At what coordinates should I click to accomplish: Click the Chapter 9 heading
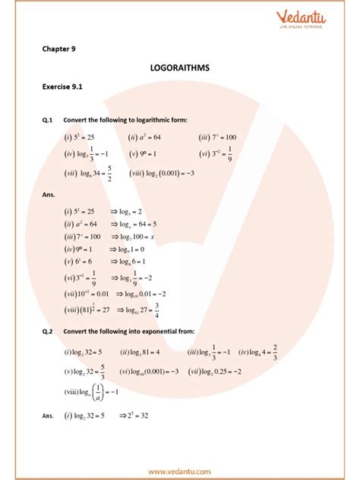click(58, 49)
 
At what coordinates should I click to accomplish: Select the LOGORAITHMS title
click(180, 68)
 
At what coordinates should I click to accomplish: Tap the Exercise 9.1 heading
click(62, 87)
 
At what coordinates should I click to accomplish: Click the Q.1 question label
click(48, 120)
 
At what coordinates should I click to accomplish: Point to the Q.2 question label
click(48, 331)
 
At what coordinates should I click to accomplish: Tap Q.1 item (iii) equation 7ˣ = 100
click(218, 137)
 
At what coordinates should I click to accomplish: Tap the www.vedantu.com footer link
click(180, 472)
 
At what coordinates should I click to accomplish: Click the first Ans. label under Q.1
click(49, 194)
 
